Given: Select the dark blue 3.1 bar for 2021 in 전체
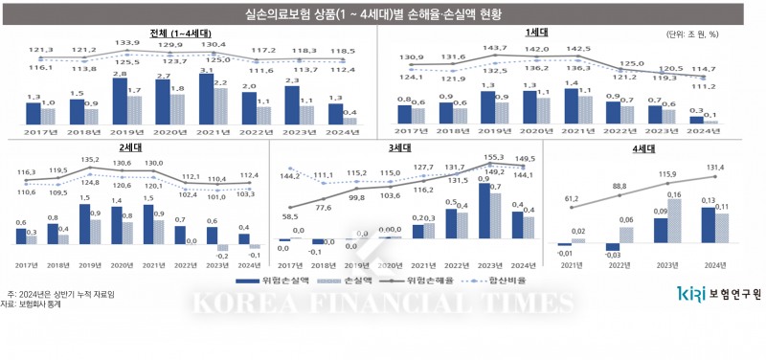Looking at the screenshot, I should click(206, 101).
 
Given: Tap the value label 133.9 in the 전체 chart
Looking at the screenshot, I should click(127, 44).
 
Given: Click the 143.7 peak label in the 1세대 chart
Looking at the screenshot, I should click(494, 47).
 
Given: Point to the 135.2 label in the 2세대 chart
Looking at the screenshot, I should click(89, 160).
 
